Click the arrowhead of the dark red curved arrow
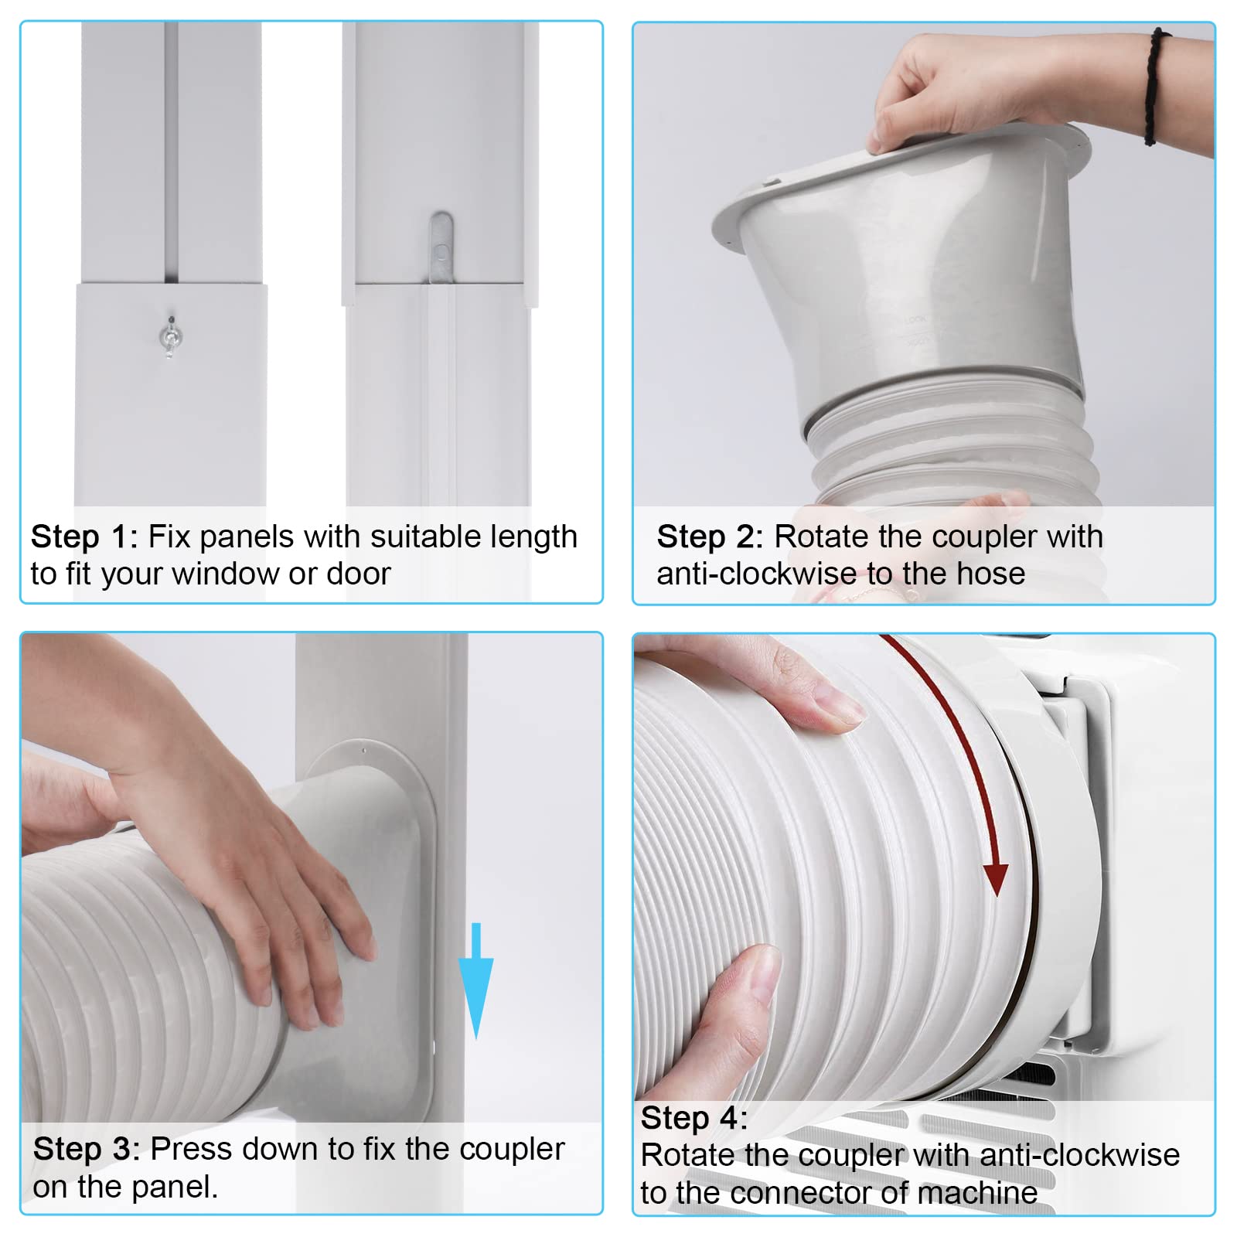pos(996,878)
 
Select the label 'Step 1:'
pos(83,537)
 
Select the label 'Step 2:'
pos(709,537)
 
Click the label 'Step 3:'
pos(86,1149)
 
